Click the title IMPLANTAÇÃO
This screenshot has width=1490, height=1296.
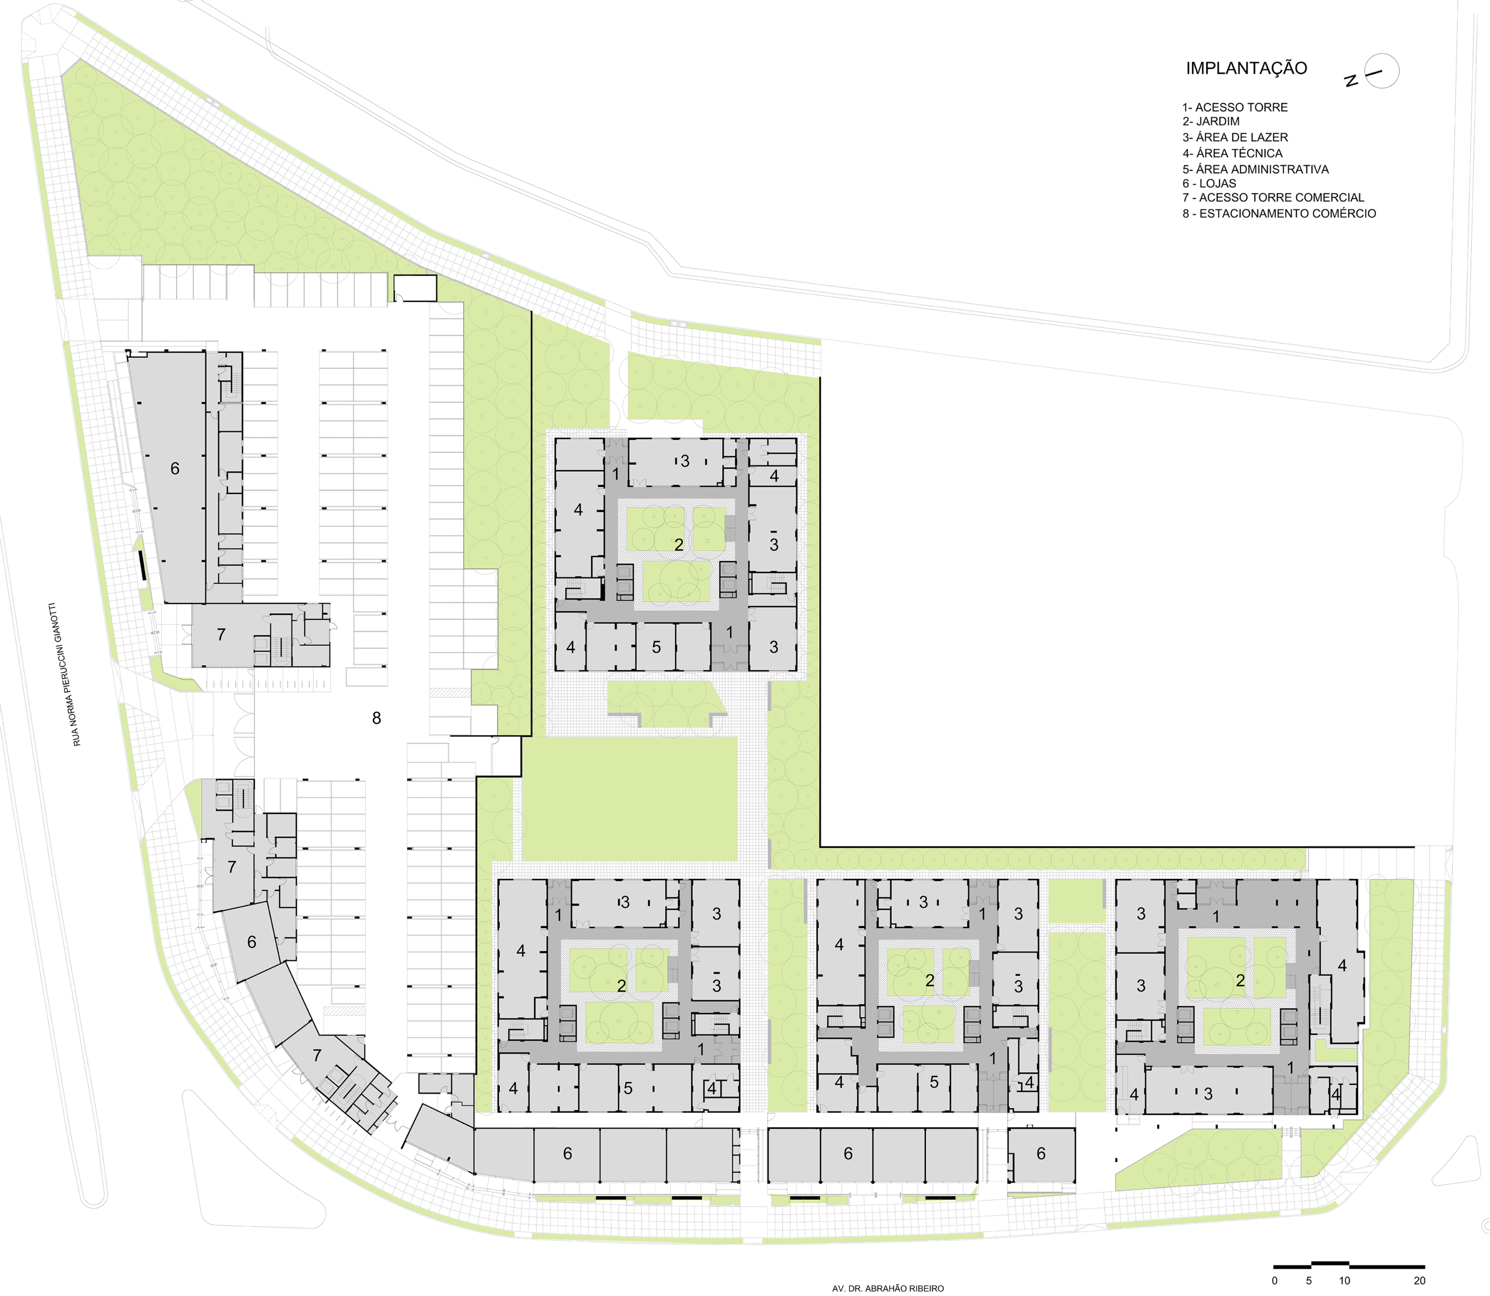tap(1246, 69)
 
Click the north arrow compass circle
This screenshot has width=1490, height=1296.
tap(1382, 72)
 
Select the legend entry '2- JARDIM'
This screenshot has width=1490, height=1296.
tap(1211, 122)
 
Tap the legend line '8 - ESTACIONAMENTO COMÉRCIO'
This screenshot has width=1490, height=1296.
tap(1279, 214)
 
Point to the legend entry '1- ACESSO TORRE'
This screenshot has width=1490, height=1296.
tap(1235, 107)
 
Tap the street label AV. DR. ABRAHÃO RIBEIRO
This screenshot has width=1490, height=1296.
tap(888, 1288)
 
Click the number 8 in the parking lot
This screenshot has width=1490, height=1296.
tap(376, 718)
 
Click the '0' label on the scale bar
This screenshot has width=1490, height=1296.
tap(1274, 1281)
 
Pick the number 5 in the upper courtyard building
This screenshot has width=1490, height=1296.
tap(656, 648)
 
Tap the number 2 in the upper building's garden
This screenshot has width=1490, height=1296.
tap(678, 545)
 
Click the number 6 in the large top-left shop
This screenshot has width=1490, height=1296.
tap(174, 469)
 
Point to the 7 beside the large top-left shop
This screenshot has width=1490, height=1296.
tap(222, 634)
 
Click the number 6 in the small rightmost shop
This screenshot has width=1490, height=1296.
tap(1041, 1153)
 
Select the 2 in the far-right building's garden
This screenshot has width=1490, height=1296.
tap(1240, 981)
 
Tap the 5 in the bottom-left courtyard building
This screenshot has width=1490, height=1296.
tap(628, 1088)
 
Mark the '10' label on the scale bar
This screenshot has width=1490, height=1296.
tap(1344, 1281)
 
